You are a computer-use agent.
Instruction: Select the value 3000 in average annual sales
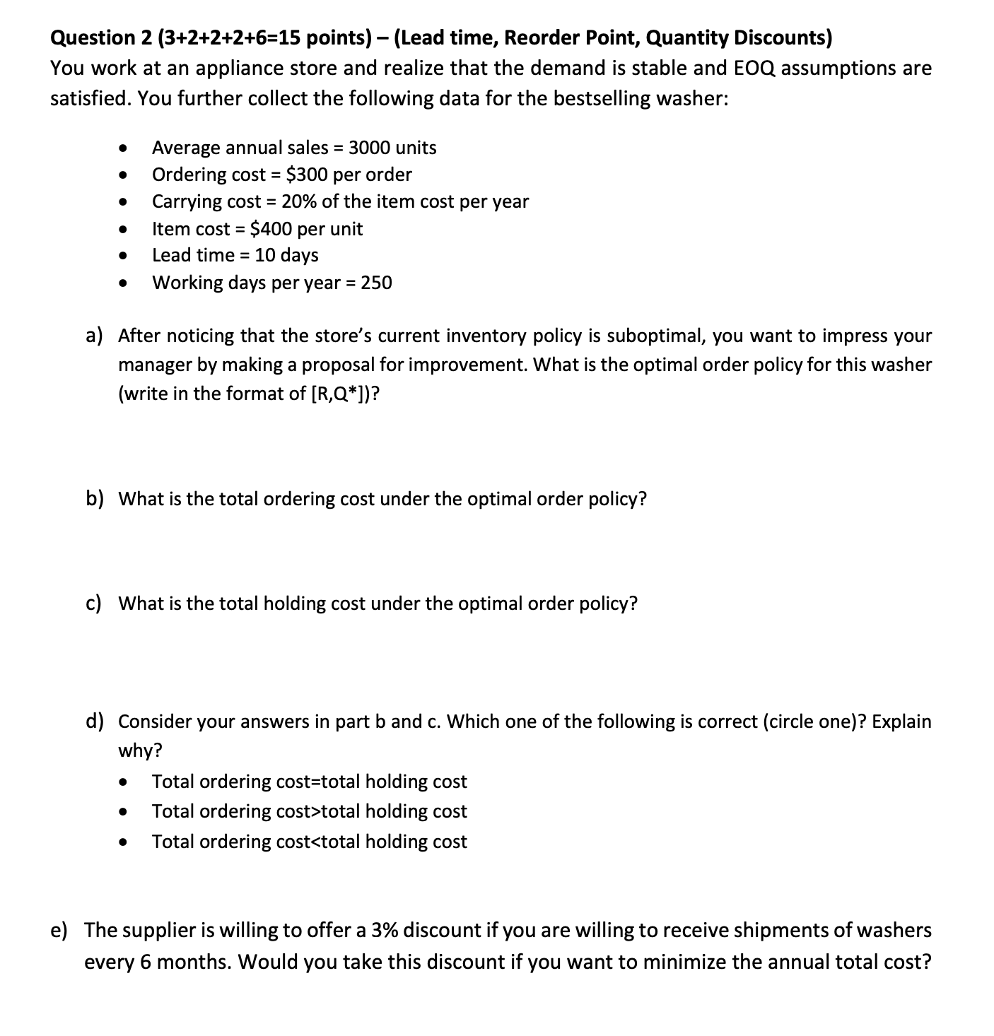pos(370,148)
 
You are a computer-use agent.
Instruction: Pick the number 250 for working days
pos(376,283)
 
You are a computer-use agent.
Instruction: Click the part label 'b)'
pos(95,499)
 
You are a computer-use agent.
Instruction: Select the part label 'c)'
pos(93,604)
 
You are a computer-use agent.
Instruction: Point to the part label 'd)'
pos(95,722)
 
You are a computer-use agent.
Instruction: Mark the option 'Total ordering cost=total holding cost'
pos(309,782)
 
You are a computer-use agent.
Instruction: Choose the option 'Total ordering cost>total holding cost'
pos(309,811)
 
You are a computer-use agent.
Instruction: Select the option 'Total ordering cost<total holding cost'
pos(309,842)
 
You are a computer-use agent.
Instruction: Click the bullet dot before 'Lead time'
pos(124,255)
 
